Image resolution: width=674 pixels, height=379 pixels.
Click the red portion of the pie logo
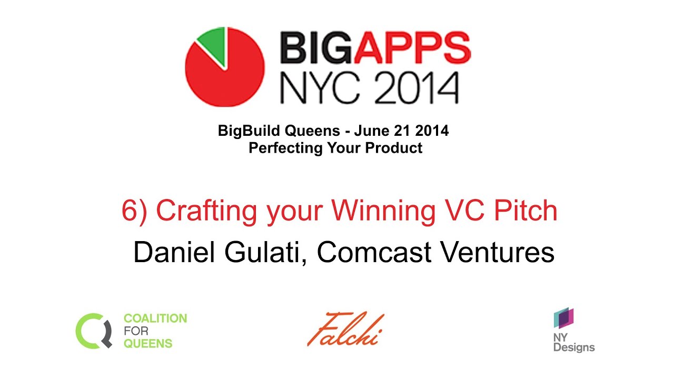tap(224, 79)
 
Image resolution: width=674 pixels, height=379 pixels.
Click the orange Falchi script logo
tap(345, 330)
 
